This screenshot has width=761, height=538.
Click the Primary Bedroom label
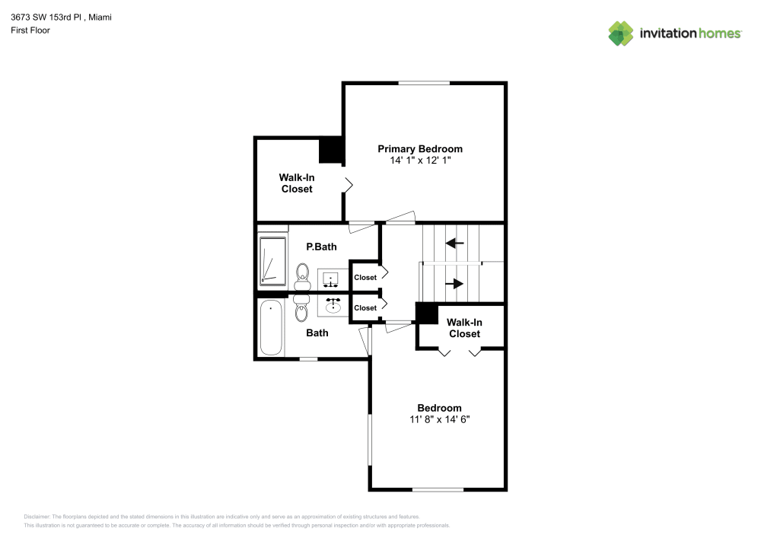click(420, 148)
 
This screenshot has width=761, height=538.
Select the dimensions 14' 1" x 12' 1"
click(420, 161)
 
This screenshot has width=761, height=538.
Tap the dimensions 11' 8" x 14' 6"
click(439, 419)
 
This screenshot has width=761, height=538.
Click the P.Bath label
click(321, 247)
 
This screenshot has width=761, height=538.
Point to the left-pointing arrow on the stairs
click(455, 244)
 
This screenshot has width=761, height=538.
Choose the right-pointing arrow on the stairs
click(454, 284)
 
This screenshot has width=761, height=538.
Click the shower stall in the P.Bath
click(272, 260)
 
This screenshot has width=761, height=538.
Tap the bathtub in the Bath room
click(271, 328)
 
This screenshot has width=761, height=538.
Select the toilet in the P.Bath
click(302, 275)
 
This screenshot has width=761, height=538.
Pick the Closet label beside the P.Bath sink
click(365, 278)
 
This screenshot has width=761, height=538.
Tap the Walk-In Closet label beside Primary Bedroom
click(297, 183)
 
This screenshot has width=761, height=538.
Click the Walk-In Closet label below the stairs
click(464, 328)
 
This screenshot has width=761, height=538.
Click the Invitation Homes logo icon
click(620, 33)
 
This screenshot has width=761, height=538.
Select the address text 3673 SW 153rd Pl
click(47, 17)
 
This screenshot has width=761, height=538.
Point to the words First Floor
click(30, 30)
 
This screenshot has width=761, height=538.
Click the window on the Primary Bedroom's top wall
click(424, 82)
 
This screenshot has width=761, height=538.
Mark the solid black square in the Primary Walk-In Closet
click(331, 150)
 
